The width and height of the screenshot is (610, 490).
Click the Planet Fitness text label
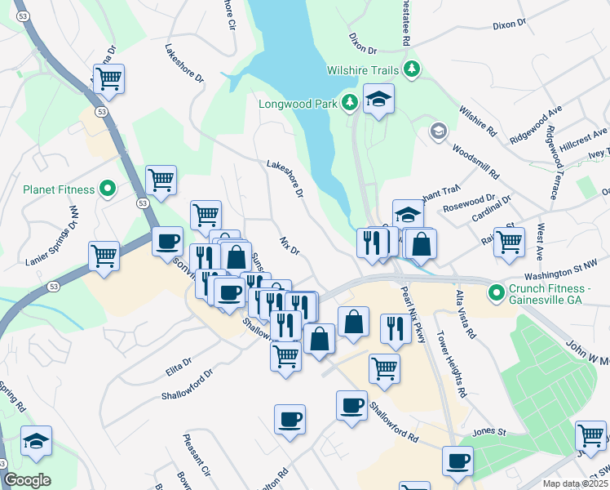click(59, 189)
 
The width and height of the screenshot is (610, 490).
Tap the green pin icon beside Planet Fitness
click(108, 189)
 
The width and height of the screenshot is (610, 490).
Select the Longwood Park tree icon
click(350, 102)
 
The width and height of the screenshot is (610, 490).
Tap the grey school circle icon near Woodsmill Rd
click(439, 131)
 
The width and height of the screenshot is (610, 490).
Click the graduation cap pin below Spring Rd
click(36, 442)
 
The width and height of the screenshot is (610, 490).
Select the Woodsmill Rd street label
click(475, 163)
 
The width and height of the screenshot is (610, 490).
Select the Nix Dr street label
click(290, 246)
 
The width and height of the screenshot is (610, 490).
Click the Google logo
click(28, 480)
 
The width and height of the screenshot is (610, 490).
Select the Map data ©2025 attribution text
click(574, 483)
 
